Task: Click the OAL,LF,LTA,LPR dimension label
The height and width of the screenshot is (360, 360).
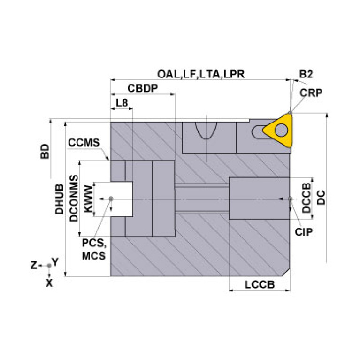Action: pos(201,74)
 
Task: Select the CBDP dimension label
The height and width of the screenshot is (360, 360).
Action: pos(142,89)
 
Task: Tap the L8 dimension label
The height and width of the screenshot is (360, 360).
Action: pos(122,103)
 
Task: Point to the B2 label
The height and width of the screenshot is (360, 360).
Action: pos(306,74)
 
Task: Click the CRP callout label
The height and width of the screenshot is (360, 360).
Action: pos(311,92)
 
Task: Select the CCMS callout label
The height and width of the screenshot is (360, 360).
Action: pos(84,143)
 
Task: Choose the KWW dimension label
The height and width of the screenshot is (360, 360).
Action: pos(87,199)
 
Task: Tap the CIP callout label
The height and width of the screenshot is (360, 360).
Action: pos(304,231)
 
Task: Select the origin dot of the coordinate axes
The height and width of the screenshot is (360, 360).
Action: pos(49,266)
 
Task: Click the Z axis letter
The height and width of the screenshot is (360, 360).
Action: pos(33,265)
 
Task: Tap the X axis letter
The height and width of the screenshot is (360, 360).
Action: pos(49,283)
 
